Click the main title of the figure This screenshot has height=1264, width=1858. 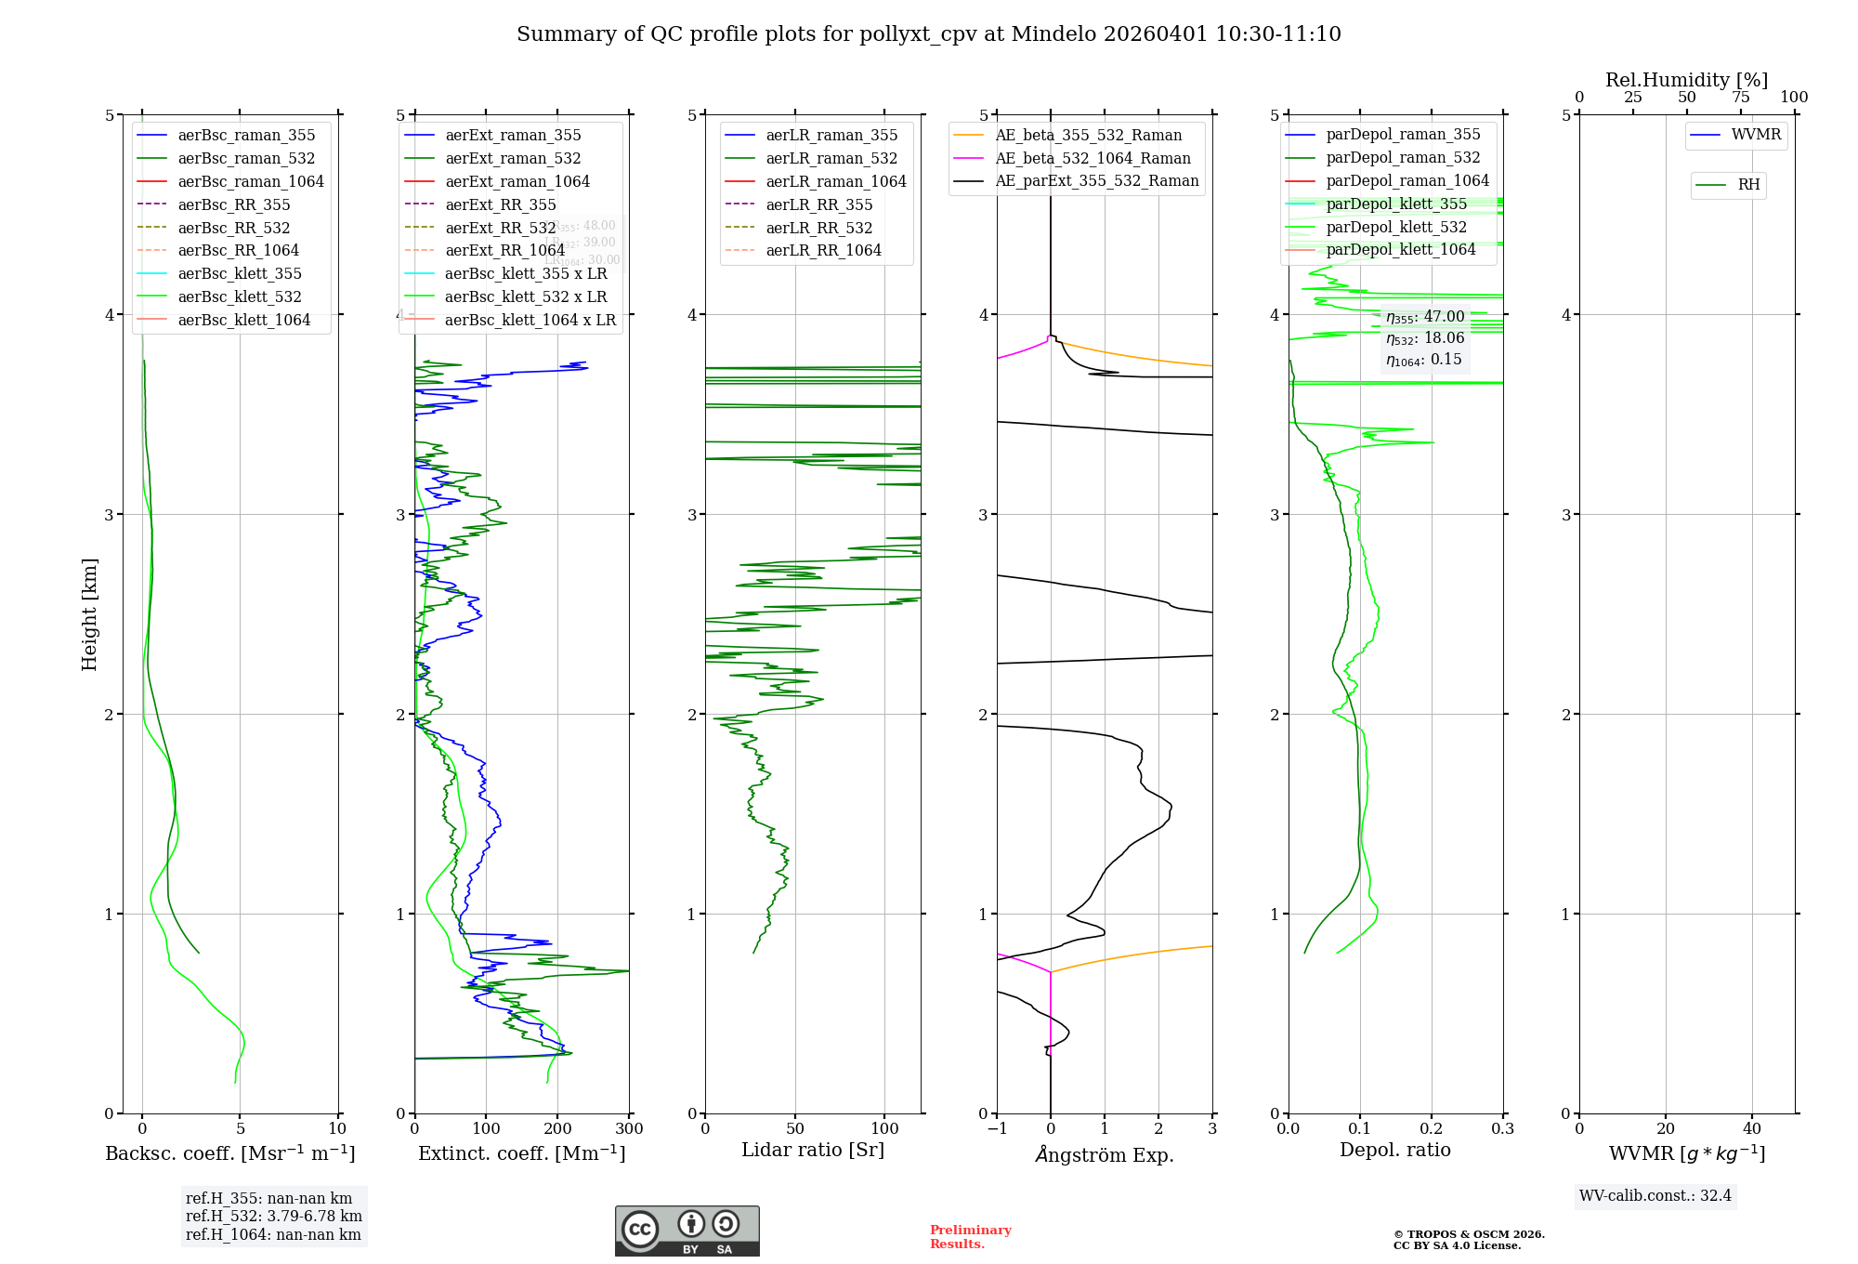coord(928,34)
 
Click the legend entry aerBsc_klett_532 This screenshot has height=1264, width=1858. coord(239,296)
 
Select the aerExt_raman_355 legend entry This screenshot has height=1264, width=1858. coord(513,135)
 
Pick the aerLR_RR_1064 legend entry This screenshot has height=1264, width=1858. coord(823,250)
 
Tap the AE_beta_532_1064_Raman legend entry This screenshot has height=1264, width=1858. coord(1093,158)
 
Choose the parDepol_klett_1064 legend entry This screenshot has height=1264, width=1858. coord(1400,249)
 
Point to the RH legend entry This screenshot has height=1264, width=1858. coord(1748,185)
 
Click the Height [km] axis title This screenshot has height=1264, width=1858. coord(89,614)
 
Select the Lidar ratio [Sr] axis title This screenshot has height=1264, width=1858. coord(813,1150)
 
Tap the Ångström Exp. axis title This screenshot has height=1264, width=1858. coord(1105,1154)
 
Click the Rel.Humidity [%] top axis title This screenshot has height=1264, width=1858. coord(1686,80)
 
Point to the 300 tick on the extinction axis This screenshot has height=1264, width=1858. coord(629,1129)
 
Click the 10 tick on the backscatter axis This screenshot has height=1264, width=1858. coord(337,1129)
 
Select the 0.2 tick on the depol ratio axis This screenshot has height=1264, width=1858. coord(1432,1129)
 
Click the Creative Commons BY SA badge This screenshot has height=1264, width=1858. coord(687,1231)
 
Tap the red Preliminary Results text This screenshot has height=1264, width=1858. coord(970,1237)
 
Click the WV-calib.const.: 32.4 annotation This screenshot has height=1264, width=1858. coord(1655,1195)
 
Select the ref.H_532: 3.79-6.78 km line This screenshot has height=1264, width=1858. coord(274,1216)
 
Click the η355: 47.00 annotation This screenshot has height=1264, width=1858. coord(1424,317)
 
